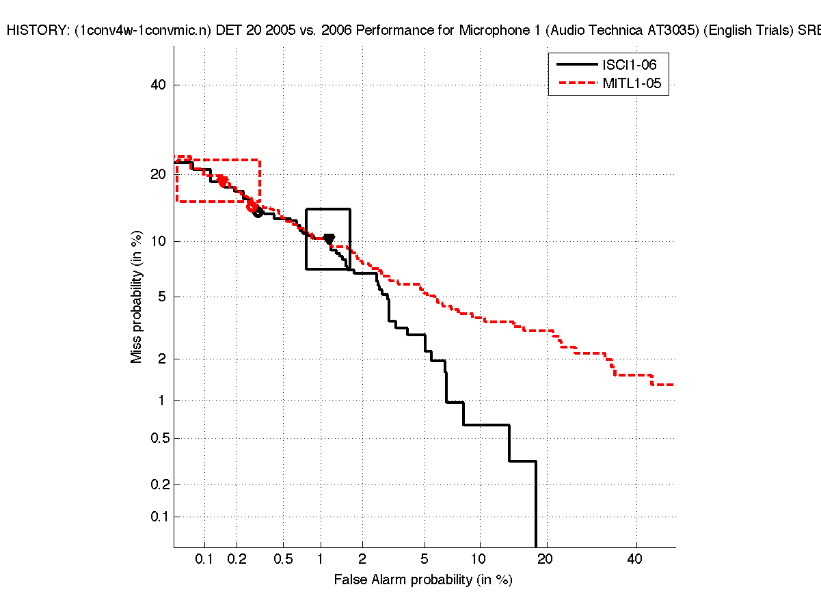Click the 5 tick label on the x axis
tap(425, 560)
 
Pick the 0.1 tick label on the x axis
tap(204, 560)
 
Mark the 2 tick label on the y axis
tap(163, 359)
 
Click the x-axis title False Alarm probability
tap(422, 580)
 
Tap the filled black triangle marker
tap(329, 239)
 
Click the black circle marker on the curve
tap(258, 213)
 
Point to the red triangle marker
tap(222, 181)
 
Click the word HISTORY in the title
tap(33, 30)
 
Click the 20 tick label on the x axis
tap(545, 560)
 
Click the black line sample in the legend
tap(576, 65)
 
